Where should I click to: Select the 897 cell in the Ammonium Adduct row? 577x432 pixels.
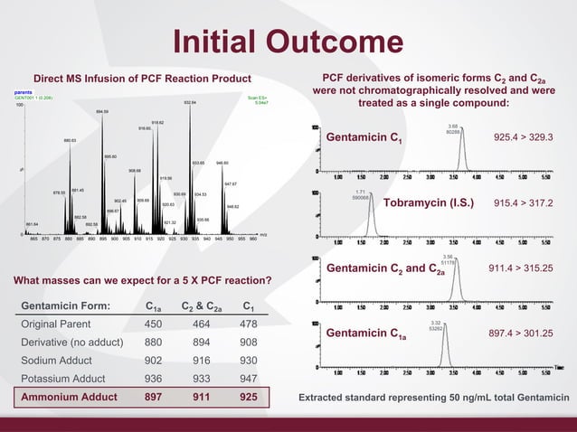pos(156,397)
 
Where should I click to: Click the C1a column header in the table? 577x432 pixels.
pos(155,306)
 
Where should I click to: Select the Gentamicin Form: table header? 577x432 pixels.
pos(65,306)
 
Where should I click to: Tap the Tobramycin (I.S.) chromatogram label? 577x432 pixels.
pos(429,202)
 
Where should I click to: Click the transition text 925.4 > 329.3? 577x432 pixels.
pos(523,137)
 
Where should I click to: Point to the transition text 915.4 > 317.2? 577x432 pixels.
pos(523,202)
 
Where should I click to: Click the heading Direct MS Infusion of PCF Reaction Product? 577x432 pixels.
pos(142,79)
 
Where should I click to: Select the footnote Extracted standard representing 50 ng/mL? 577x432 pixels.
pos(433,398)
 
